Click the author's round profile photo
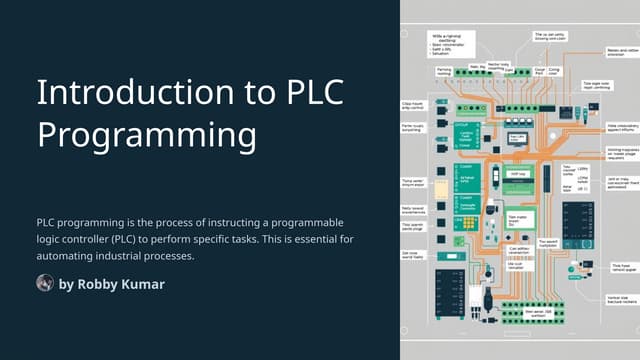tap(45, 284)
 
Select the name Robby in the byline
tap(98, 285)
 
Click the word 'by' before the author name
tap(67, 285)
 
